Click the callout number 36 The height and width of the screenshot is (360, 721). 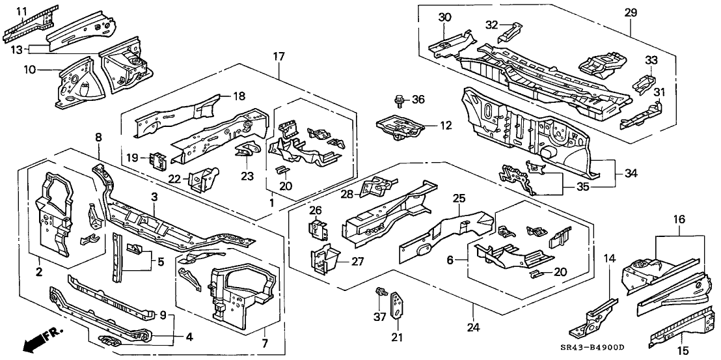(x=418, y=100)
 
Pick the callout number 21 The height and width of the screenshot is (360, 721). (x=396, y=337)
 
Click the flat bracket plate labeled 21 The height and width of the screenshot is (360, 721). (x=397, y=305)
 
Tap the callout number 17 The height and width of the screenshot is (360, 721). (x=279, y=57)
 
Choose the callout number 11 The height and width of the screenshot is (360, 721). (x=21, y=12)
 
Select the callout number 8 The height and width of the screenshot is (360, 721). (x=98, y=137)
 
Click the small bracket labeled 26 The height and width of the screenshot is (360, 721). (x=317, y=229)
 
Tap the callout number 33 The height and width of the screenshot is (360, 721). (x=651, y=61)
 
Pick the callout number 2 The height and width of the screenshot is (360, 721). (x=38, y=271)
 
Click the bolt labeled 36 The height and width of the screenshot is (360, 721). (x=398, y=101)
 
